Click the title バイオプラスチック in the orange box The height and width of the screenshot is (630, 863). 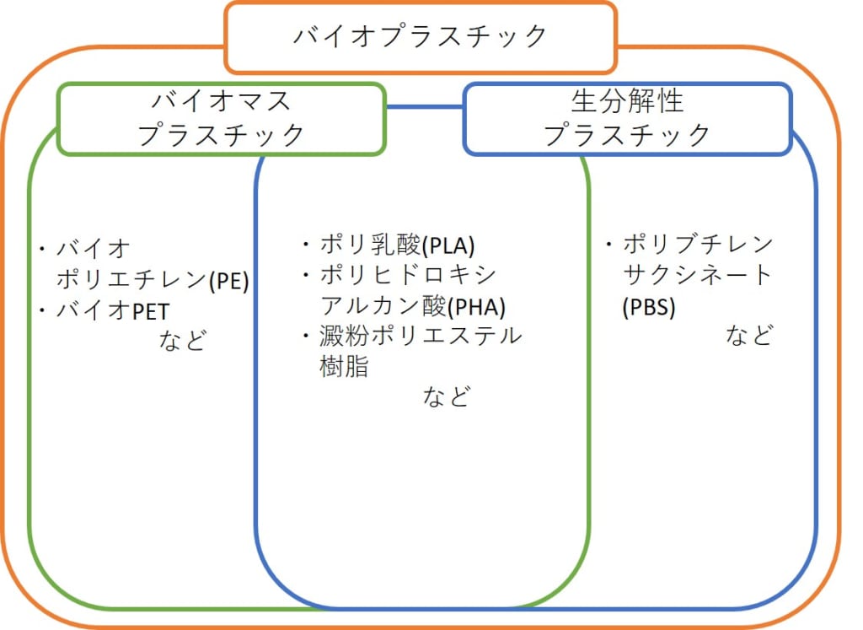click(x=420, y=36)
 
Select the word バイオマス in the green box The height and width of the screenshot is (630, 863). click(x=222, y=101)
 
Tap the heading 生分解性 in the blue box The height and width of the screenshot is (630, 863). click(x=627, y=100)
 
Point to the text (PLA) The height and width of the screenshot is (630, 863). click(x=448, y=245)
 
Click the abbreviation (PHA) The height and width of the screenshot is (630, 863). click(x=476, y=307)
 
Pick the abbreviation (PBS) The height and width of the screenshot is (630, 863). click(x=649, y=307)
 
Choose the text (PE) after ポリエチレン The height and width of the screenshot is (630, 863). click(x=228, y=281)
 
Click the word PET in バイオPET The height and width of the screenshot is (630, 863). click(x=150, y=312)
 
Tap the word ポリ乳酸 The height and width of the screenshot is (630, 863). click(x=371, y=245)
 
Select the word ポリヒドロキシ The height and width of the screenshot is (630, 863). click(x=409, y=275)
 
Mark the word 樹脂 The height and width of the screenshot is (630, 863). click(x=344, y=366)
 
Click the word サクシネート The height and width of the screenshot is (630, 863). click(x=697, y=275)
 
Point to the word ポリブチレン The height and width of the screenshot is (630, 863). click(x=698, y=244)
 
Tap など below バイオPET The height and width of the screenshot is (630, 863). click(x=183, y=341)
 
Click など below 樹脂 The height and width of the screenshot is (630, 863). click(x=447, y=396)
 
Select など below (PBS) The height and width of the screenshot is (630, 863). click(x=749, y=335)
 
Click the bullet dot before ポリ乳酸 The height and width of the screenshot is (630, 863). click(x=306, y=244)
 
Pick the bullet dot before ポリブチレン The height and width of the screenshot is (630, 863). click(x=608, y=244)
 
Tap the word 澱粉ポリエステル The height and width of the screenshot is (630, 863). click(x=421, y=336)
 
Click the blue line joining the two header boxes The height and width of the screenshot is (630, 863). click(x=424, y=107)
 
